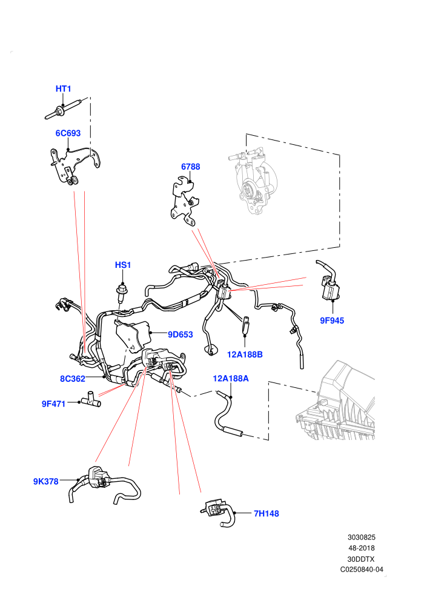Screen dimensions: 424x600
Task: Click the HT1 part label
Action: coord(64,88)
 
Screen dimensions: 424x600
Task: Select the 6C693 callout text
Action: coord(68,133)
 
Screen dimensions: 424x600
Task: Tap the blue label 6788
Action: coord(190,167)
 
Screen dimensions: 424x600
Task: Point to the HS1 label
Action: coord(123,265)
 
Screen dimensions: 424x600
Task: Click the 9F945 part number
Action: coord(332,321)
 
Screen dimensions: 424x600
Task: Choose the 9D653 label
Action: coord(181,335)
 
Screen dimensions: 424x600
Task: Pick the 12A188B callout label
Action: coord(245,355)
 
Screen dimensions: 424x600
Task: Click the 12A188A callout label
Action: coord(231,378)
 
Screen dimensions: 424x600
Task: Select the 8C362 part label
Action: coord(72,379)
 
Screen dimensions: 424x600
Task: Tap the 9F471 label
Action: coord(53,404)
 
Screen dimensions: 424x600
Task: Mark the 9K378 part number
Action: coord(46,481)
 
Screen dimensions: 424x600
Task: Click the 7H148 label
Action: coord(267,513)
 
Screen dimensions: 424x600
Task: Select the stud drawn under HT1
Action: coord(64,108)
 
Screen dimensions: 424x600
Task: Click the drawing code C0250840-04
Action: coord(362,569)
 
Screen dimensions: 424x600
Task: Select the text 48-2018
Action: coord(362,548)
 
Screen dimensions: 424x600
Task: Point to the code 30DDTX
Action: coord(361,559)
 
